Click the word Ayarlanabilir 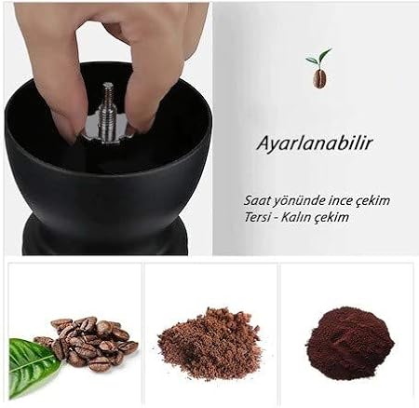314,144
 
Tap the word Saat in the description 256,200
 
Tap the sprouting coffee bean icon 318,68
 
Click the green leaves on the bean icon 318,58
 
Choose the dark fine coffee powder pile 350,343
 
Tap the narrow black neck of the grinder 105,235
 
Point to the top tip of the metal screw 108,83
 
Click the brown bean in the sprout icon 319,78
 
